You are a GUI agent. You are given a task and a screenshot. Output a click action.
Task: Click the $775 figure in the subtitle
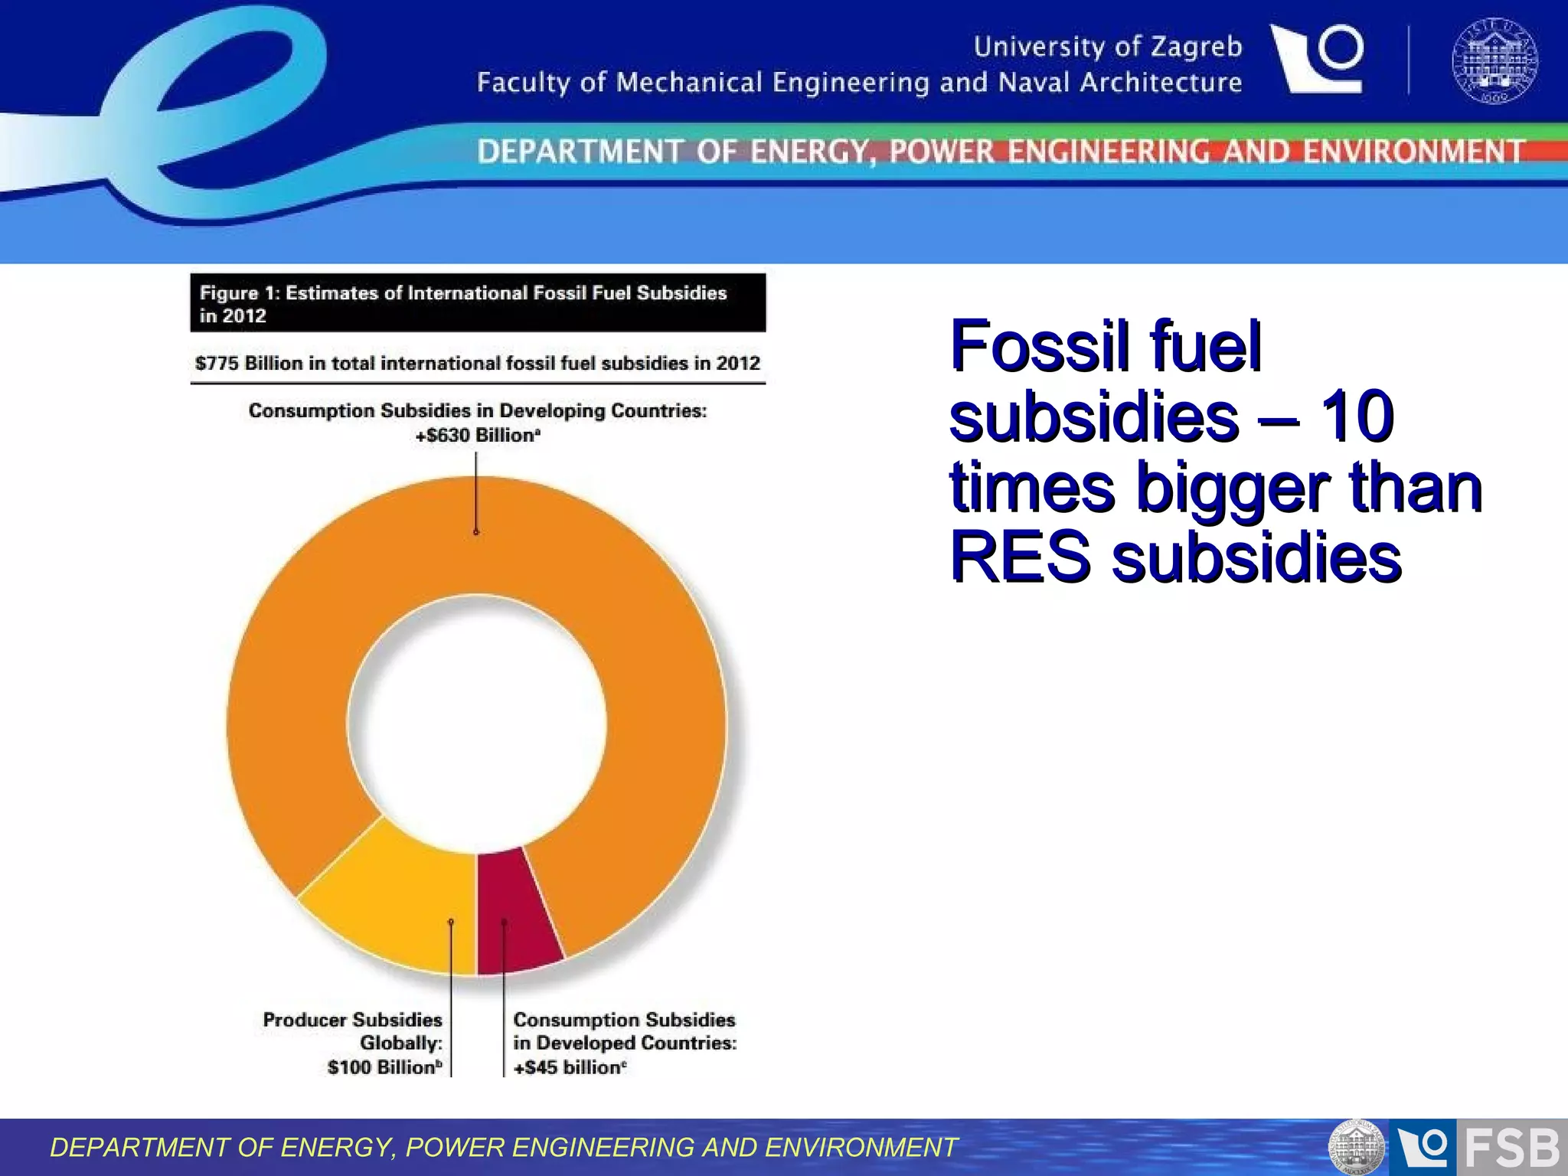217,363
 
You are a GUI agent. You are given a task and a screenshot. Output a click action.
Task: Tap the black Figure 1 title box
478,303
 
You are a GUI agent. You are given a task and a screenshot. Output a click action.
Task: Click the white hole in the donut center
477,724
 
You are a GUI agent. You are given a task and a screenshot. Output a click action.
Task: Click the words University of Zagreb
1107,47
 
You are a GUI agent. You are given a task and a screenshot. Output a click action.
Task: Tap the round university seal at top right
1494,61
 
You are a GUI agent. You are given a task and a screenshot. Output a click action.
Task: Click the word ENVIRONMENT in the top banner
1413,152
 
